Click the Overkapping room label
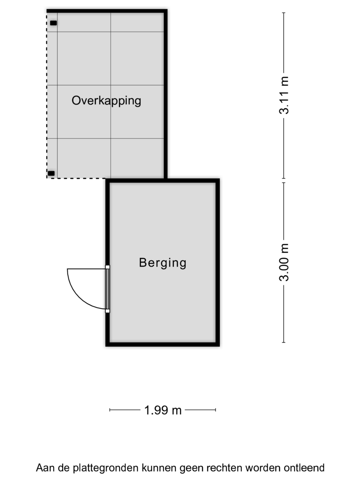pyautogui.click(x=106, y=101)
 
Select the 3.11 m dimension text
pyautogui.click(x=284, y=95)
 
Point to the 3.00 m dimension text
pyautogui.click(x=284, y=262)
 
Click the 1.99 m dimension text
pyautogui.click(x=163, y=410)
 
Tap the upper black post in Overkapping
pyautogui.click(x=53, y=23)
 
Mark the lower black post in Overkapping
pyautogui.click(x=51, y=173)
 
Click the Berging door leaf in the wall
pyautogui.click(x=108, y=289)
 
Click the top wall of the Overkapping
pyautogui.click(x=107, y=11)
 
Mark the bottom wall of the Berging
pyautogui.click(x=163, y=344)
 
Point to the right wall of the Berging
pyautogui.click(x=218, y=262)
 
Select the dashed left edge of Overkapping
pyautogui.click(x=46, y=96)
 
